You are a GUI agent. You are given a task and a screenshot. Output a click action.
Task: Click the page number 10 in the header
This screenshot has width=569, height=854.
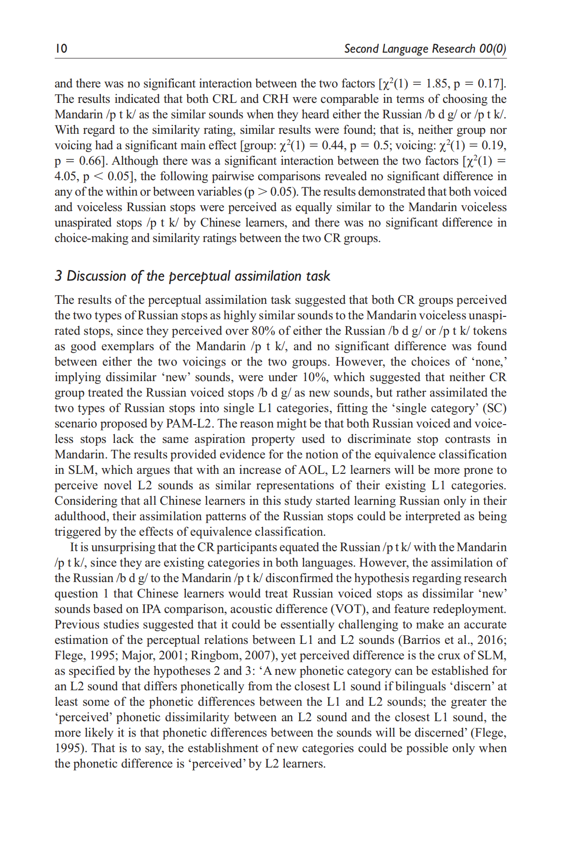[61, 48]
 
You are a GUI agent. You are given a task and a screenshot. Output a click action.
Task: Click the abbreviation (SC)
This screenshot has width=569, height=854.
[494, 408]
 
